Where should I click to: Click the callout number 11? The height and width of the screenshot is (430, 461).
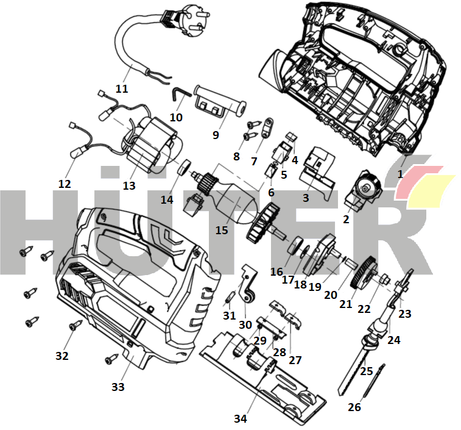(x=122, y=88)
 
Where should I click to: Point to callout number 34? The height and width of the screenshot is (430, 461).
(x=240, y=418)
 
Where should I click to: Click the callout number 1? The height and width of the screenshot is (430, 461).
(x=400, y=174)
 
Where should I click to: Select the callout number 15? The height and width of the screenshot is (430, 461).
(x=222, y=230)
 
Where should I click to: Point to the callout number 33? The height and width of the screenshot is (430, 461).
(x=118, y=387)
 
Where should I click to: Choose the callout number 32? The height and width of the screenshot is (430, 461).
(x=62, y=356)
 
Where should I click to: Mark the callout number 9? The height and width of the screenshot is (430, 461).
(x=216, y=135)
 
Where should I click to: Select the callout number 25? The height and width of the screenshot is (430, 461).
(x=366, y=370)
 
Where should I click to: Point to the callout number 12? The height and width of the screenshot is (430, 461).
(x=65, y=184)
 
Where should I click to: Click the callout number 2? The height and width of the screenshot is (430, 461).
(x=346, y=219)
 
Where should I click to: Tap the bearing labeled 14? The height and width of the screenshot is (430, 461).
(x=185, y=167)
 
